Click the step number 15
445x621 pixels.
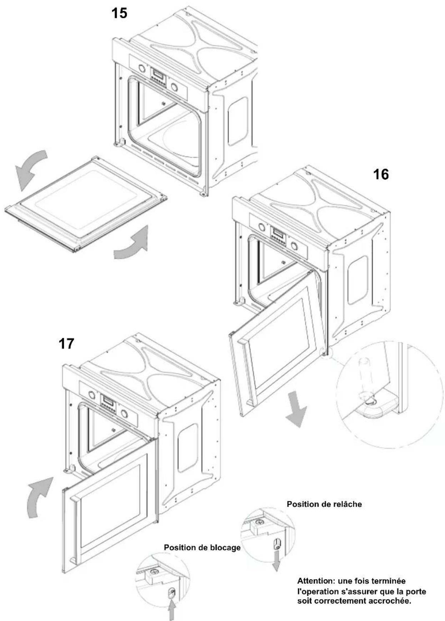(119, 13)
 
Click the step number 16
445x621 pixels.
(381, 175)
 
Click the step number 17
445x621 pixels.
(66, 344)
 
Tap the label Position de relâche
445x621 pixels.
(324, 504)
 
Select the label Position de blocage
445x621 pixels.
(202, 547)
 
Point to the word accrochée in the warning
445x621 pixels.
(392, 601)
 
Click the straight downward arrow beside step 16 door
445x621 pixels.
(296, 409)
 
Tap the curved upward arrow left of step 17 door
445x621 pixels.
(39, 496)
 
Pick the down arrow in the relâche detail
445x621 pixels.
(276, 561)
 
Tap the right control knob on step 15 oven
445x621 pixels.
(174, 87)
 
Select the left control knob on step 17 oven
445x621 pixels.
(91, 395)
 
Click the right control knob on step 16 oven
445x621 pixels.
(294, 246)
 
